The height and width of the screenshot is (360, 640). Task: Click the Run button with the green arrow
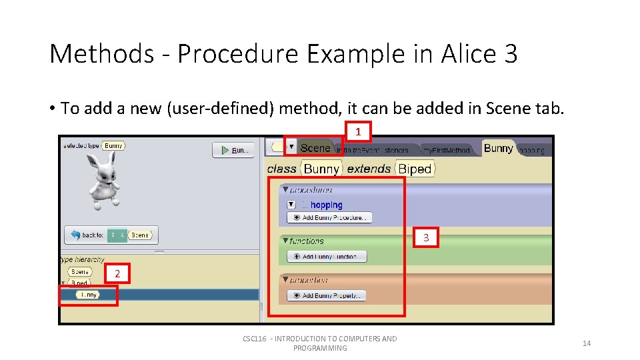pyautogui.click(x=233, y=150)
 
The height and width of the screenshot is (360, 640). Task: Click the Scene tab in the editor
pyautogui.click(x=315, y=148)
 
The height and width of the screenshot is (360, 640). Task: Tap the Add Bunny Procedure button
pyautogui.click(x=329, y=217)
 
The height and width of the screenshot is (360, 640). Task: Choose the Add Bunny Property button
pyautogui.click(x=326, y=295)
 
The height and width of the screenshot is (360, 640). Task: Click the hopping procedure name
pyautogui.click(x=326, y=205)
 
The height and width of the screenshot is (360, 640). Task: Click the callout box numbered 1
pyautogui.click(x=357, y=131)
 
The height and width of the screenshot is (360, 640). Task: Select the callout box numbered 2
pyautogui.click(x=117, y=274)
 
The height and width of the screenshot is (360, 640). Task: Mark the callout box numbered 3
pyautogui.click(x=426, y=237)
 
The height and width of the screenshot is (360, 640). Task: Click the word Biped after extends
pyautogui.click(x=415, y=169)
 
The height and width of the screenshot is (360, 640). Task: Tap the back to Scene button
pyautogui.click(x=111, y=235)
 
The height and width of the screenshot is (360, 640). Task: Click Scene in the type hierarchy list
pyautogui.click(x=80, y=272)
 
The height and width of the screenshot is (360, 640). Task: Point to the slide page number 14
pyautogui.click(x=587, y=343)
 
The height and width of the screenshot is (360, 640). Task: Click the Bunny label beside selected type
pyautogui.click(x=113, y=145)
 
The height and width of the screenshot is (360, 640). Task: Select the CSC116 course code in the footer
pyautogui.click(x=255, y=339)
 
